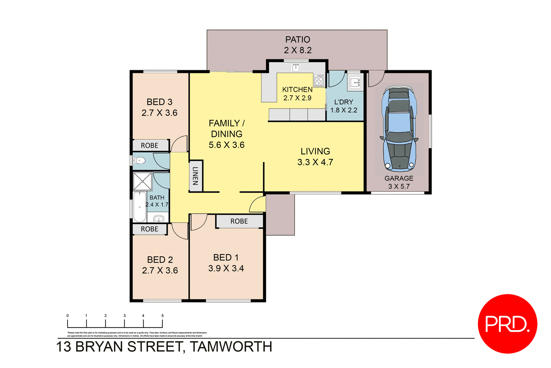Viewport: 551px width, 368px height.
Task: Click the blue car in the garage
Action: click(x=399, y=128)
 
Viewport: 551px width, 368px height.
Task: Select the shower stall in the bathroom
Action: click(x=142, y=181)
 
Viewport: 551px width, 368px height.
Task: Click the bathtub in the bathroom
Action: click(x=140, y=207)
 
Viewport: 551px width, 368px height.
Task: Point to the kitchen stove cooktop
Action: click(x=319, y=80)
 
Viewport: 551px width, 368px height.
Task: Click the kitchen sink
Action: click(x=296, y=68)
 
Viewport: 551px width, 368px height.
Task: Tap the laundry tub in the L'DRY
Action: click(x=355, y=83)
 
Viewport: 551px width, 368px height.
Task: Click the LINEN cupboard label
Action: click(x=195, y=176)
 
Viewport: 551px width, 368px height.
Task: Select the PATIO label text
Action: click(x=298, y=40)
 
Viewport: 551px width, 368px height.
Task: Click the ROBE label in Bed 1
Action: click(x=239, y=221)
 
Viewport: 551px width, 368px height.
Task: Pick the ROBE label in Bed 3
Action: click(x=150, y=146)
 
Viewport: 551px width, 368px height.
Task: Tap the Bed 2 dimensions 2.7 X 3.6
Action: click(x=160, y=270)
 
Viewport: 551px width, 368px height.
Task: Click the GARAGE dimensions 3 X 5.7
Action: click(x=399, y=187)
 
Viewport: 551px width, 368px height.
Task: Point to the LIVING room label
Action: click(x=315, y=151)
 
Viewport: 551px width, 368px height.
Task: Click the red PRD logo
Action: click(x=507, y=324)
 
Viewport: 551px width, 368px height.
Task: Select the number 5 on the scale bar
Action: click(x=162, y=316)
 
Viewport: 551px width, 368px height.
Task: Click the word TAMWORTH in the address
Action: click(x=231, y=347)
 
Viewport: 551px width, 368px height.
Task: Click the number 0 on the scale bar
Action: click(x=68, y=316)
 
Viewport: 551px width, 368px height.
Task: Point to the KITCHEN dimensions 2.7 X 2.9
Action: click(x=297, y=98)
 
